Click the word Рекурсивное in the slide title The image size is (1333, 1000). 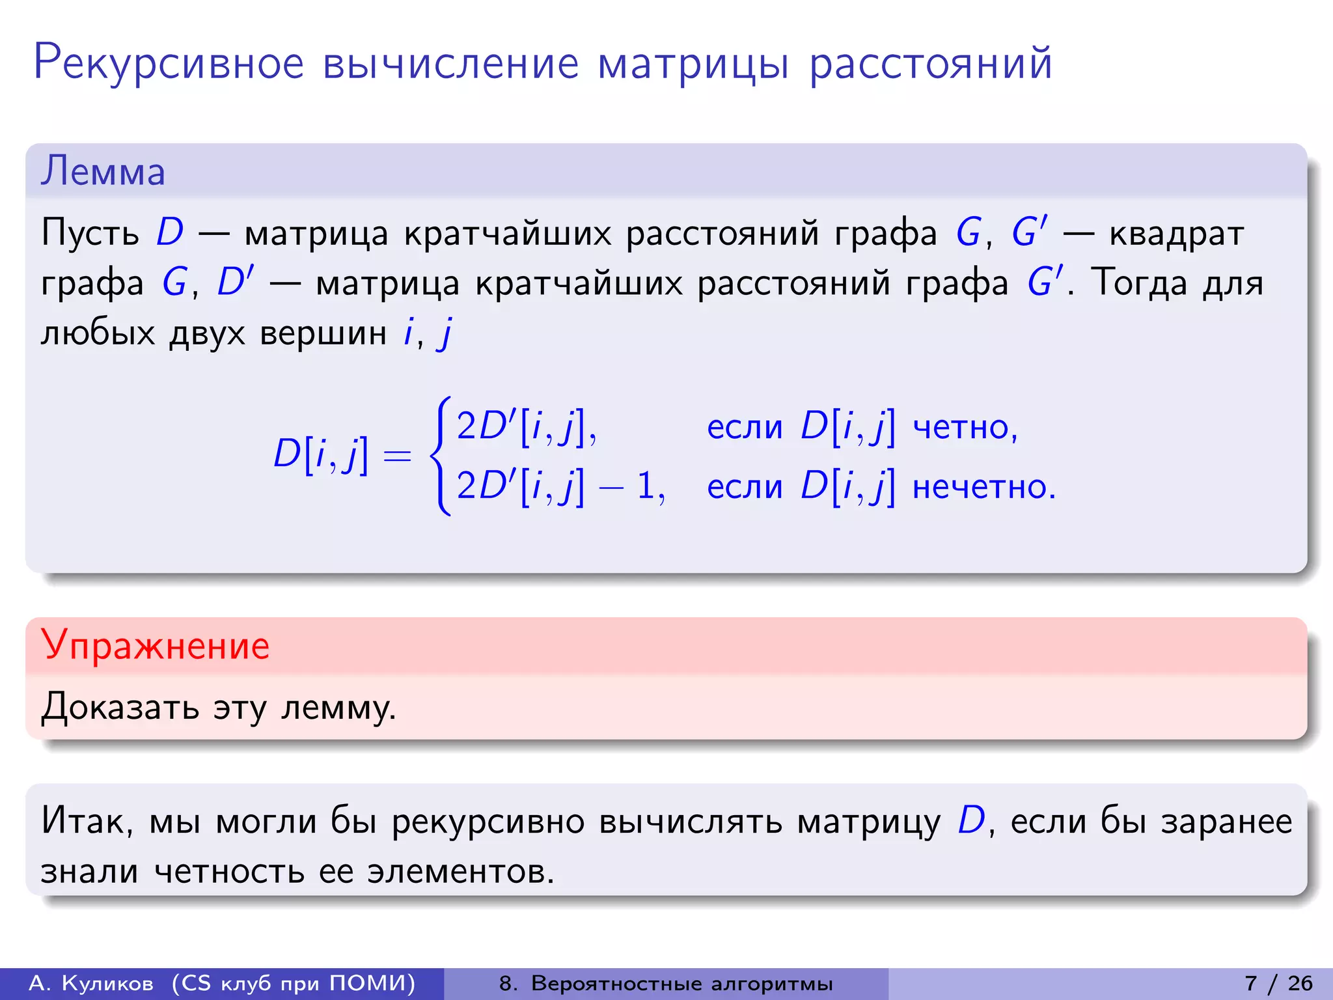(169, 64)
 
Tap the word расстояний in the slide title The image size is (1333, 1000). (930, 64)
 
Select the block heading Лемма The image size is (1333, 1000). (103, 172)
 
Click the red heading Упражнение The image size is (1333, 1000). (155, 646)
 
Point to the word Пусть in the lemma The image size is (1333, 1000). (90, 232)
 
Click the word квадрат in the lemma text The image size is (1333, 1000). (1176, 234)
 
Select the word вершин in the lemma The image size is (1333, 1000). (323, 333)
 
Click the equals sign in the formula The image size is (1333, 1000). (397, 455)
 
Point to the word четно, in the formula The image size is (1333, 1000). (965, 428)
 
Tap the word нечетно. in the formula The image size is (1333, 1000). (983, 487)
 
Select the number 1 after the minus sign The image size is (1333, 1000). (646, 486)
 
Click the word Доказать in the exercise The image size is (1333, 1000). (120, 707)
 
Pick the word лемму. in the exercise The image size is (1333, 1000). (338, 707)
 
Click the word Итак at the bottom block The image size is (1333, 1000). (86, 820)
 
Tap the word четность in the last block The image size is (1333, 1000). (229, 871)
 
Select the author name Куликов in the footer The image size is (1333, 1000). (107, 983)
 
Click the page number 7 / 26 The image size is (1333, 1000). (1278, 983)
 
